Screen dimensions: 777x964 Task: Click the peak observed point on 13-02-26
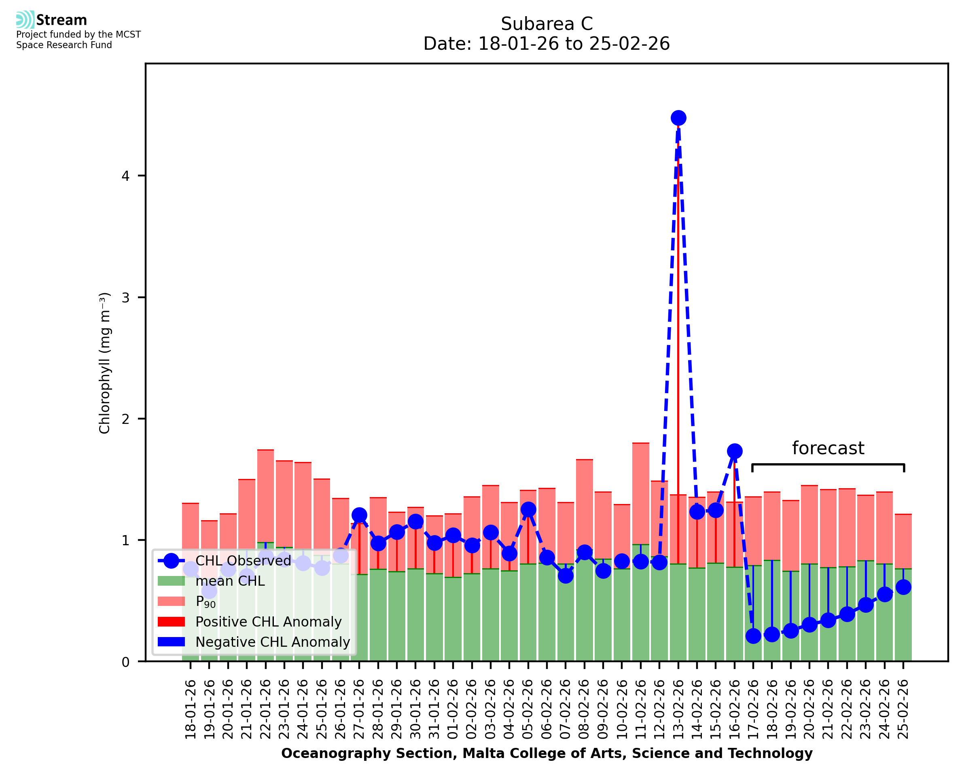(x=678, y=118)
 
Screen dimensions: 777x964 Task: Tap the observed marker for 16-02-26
(x=734, y=451)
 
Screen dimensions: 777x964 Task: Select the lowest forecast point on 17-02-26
(x=753, y=636)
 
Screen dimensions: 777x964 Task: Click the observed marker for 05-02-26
(x=528, y=509)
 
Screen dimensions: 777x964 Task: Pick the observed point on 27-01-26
(x=359, y=515)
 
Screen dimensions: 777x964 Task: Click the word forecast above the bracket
(x=828, y=449)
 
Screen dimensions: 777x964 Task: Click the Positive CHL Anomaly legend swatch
(x=172, y=622)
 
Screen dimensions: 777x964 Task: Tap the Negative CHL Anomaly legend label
(x=273, y=642)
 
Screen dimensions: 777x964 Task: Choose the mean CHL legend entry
(x=230, y=581)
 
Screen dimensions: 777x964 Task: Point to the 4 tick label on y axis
(x=125, y=176)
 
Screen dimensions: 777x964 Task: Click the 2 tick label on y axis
(x=125, y=419)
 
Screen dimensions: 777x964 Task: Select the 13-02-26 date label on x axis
(x=678, y=709)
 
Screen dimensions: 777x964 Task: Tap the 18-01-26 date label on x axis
(x=191, y=709)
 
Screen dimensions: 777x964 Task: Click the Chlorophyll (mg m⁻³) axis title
(x=104, y=363)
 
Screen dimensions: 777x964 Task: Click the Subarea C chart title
(x=547, y=24)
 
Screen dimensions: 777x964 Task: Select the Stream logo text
(x=61, y=20)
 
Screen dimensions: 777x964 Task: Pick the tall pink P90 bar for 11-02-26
(x=640, y=492)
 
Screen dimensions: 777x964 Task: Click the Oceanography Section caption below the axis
(x=547, y=753)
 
